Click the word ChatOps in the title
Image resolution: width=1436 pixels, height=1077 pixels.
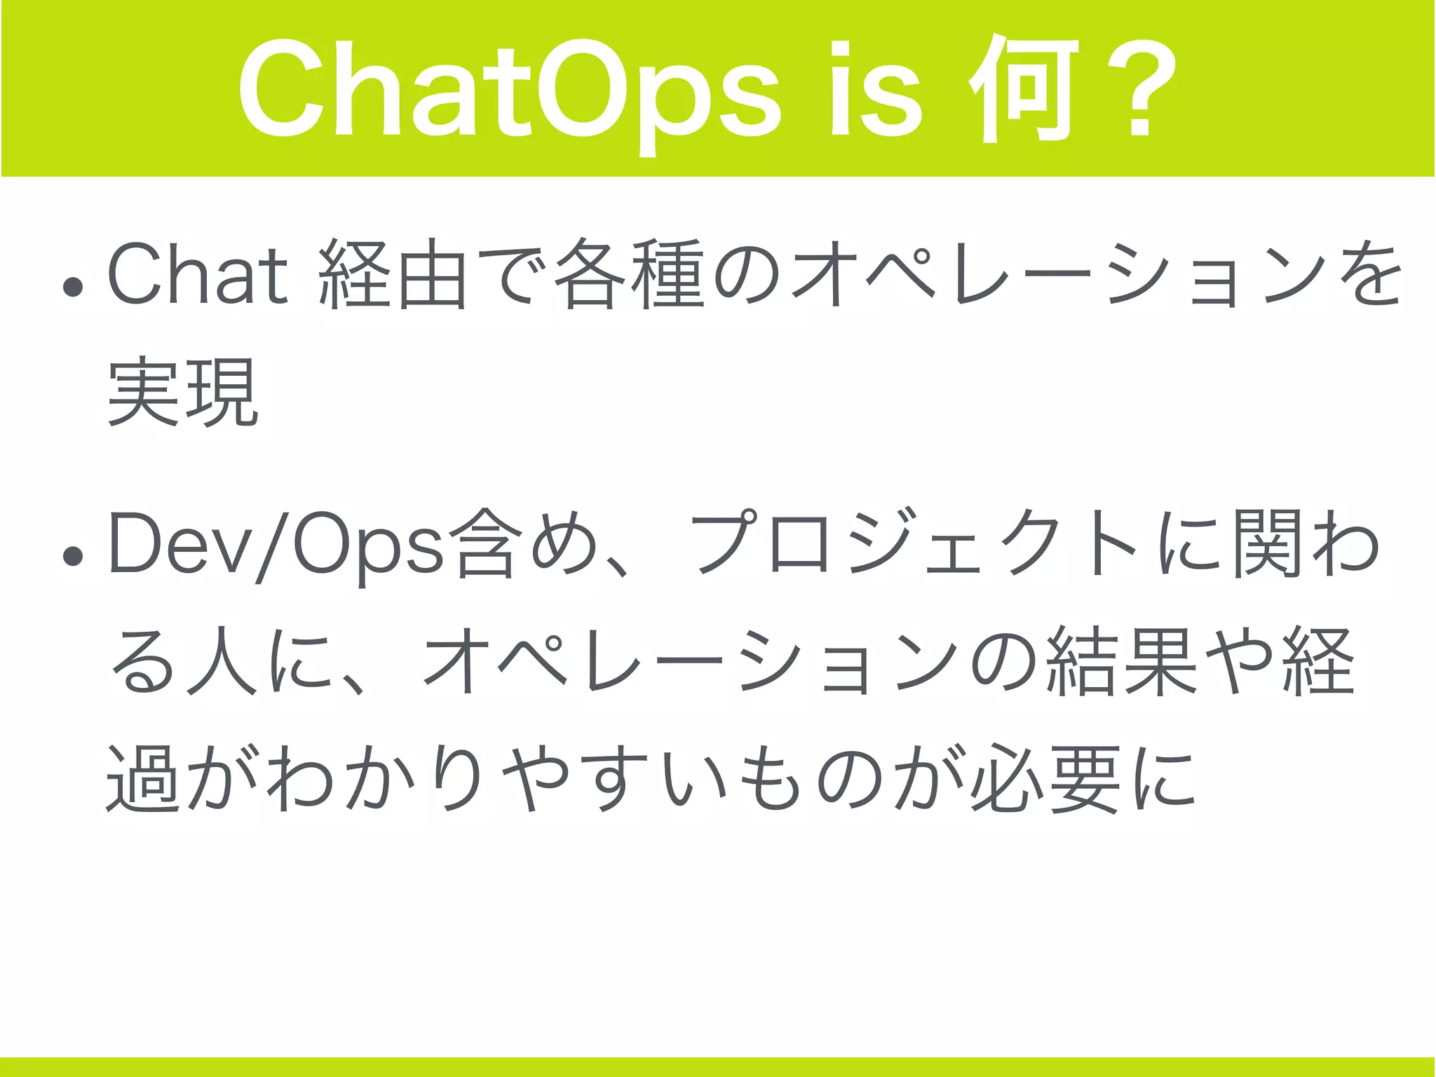pyautogui.click(x=508, y=95)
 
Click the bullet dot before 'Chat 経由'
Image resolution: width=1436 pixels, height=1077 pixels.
pyautogui.click(x=73, y=287)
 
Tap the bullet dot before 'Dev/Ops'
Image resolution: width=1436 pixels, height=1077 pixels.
pyautogui.click(x=73, y=557)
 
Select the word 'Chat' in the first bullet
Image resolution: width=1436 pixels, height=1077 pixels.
pyautogui.click(x=198, y=274)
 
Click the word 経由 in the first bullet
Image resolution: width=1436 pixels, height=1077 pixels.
pyautogui.click(x=393, y=274)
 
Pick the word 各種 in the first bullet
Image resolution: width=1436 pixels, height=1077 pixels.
pyautogui.click(x=628, y=274)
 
